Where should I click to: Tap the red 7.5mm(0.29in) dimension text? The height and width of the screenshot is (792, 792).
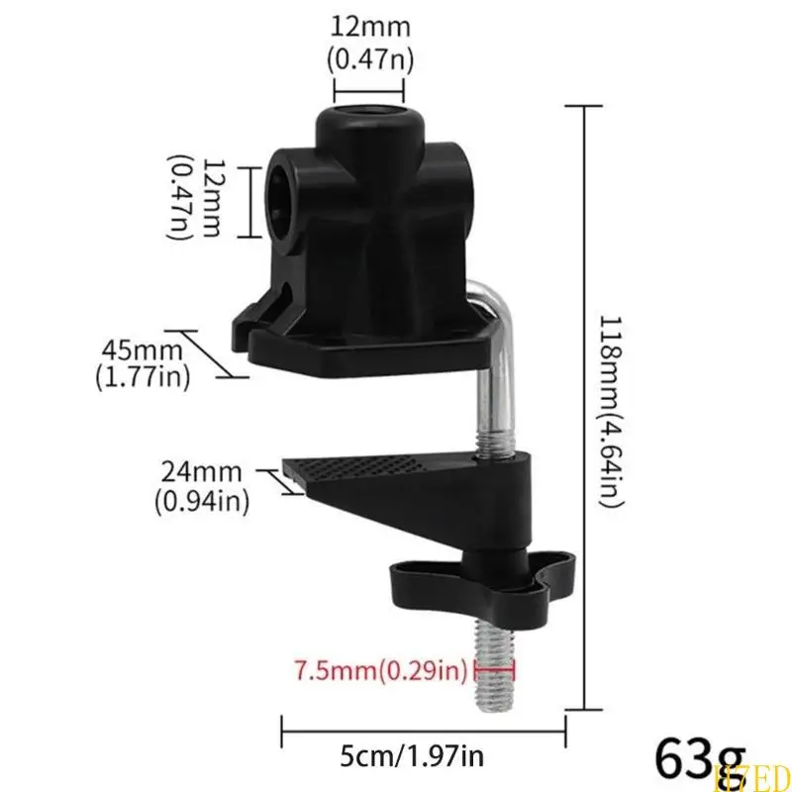pyautogui.click(x=381, y=673)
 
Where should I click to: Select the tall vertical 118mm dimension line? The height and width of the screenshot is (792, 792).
pyautogui.click(x=584, y=406)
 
